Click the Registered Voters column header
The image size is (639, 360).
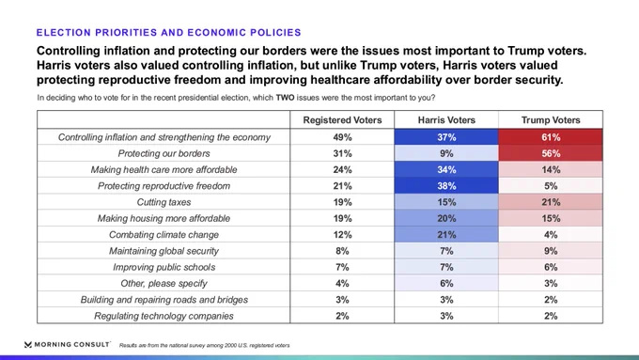342,120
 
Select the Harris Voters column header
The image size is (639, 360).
446,120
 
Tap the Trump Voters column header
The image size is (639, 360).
551,120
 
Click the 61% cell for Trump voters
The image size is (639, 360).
551,137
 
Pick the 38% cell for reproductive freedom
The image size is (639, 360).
446,186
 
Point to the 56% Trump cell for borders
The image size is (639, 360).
551,153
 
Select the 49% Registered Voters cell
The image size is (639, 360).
342,137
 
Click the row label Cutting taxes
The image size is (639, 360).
164,202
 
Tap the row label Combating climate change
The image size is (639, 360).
164,235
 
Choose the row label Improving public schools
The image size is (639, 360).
164,268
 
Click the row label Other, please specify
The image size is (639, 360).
164,284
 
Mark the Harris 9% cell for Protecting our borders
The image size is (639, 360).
446,153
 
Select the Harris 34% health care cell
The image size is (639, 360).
446,169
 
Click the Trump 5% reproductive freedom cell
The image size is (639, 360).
551,186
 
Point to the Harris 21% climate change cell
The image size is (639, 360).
446,235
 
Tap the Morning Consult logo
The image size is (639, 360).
68,345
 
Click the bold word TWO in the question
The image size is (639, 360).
285,98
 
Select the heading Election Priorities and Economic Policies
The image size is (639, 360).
169,33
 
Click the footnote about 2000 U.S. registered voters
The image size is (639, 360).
204,345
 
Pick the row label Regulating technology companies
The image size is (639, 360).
164,317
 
